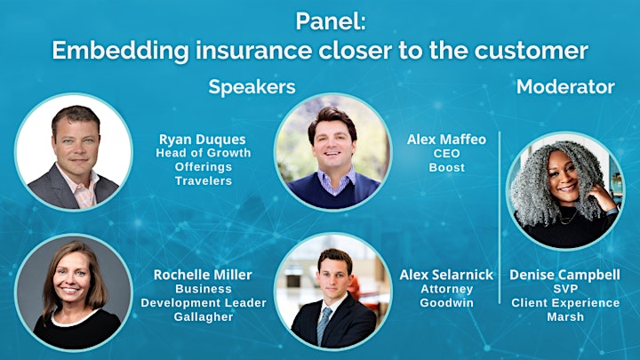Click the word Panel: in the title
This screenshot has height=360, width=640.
click(x=331, y=21)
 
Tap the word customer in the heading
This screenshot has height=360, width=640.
click(x=531, y=50)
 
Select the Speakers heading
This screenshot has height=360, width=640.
click(x=252, y=87)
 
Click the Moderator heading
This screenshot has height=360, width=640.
click(x=565, y=86)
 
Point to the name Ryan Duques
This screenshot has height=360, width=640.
click(x=203, y=140)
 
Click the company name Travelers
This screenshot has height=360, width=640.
click(x=204, y=180)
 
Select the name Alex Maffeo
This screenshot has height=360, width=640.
click(x=446, y=140)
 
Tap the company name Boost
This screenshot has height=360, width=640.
click(x=446, y=167)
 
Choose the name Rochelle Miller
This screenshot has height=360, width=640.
click(x=203, y=275)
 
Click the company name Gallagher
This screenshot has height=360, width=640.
click(x=204, y=316)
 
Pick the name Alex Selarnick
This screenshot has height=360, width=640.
click(x=446, y=275)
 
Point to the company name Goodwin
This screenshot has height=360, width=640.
click(x=446, y=303)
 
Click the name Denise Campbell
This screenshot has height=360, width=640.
click(x=565, y=275)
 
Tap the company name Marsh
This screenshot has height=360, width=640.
click(x=565, y=316)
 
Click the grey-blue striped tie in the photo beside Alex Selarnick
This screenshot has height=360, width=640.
click(x=324, y=325)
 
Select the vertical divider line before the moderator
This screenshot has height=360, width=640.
click(x=500, y=218)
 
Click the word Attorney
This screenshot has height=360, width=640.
click(x=446, y=289)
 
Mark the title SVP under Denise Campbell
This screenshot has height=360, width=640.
click(x=565, y=289)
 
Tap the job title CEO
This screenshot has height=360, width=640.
click(x=446, y=154)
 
